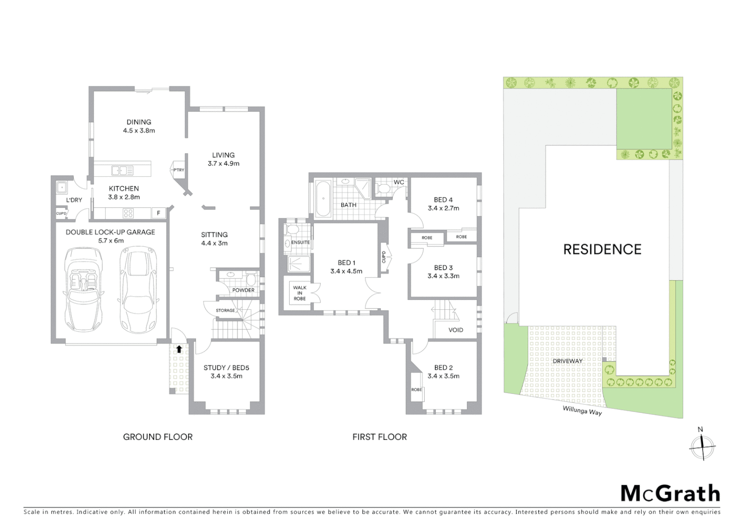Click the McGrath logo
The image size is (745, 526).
(670, 493)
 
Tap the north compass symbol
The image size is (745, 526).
(702, 446)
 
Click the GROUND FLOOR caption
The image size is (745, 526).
(157, 437)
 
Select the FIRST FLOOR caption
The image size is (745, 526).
(379, 437)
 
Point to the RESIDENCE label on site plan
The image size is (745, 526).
(602, 249)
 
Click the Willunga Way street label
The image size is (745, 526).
(582, 411)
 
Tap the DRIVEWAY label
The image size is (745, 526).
(568, 361)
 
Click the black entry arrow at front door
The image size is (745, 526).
(179, 349)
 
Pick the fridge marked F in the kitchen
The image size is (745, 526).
(158, 213)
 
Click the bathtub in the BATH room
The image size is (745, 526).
(323, 199)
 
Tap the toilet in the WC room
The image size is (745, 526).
(383, 188)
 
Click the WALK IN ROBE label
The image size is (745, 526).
(299, 293)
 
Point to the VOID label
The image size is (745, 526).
(455, 330)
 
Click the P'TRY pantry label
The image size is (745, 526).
(179, 169)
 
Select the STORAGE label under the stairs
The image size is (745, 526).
(225, 310)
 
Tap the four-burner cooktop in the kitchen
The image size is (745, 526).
(128, 213)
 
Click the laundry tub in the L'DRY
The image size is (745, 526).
(61, 187)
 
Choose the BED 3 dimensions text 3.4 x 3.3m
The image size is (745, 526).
(443, 276)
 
